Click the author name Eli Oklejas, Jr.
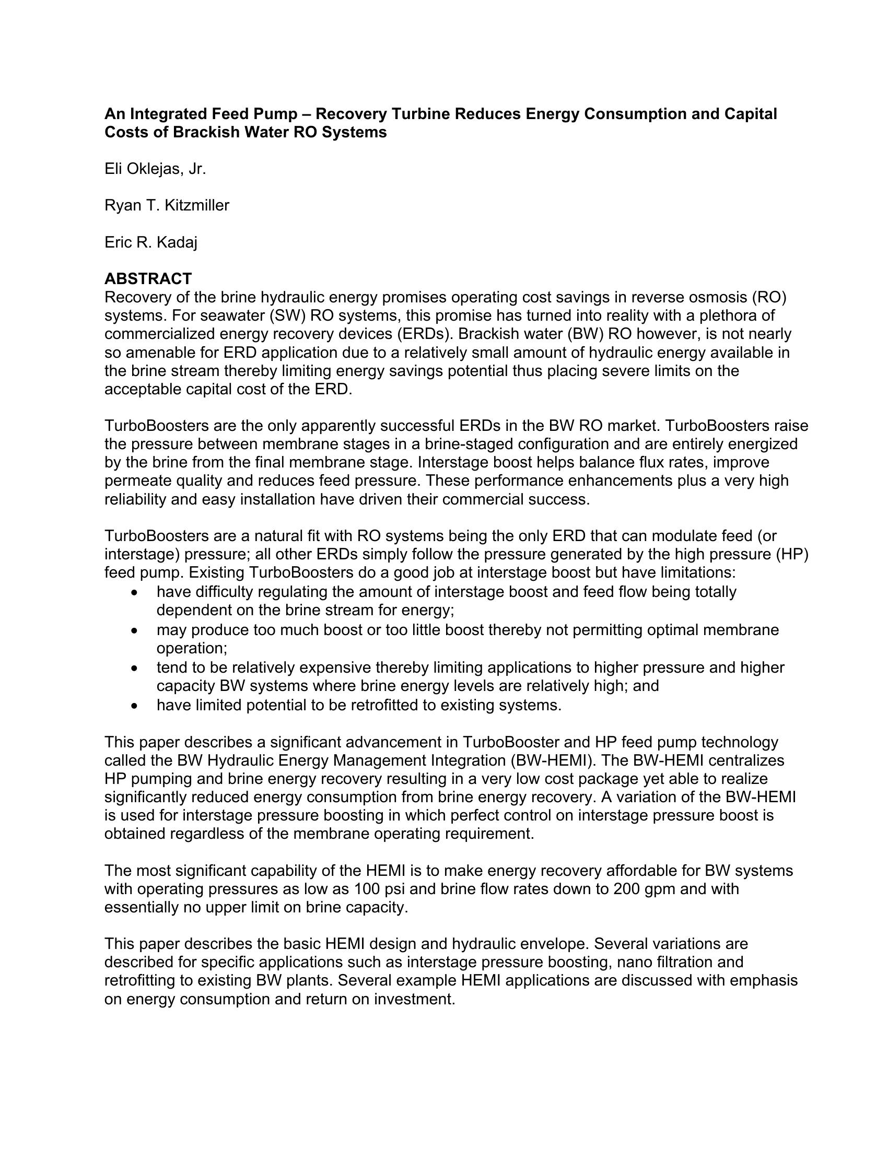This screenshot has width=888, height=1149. pyautogui.click(x=155, y=169)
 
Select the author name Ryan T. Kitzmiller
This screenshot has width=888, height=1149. pyautogui.click(x=167, y=205)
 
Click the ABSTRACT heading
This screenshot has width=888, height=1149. pyautogui.click(x=148, y=278)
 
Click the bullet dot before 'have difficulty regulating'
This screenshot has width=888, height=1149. pyautogui.click(x=135, y=592)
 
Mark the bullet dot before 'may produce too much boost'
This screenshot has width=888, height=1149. pyautogui.click(x=135, y=630)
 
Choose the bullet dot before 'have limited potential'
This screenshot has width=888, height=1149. pyautogui.click(x=135, y=706)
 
